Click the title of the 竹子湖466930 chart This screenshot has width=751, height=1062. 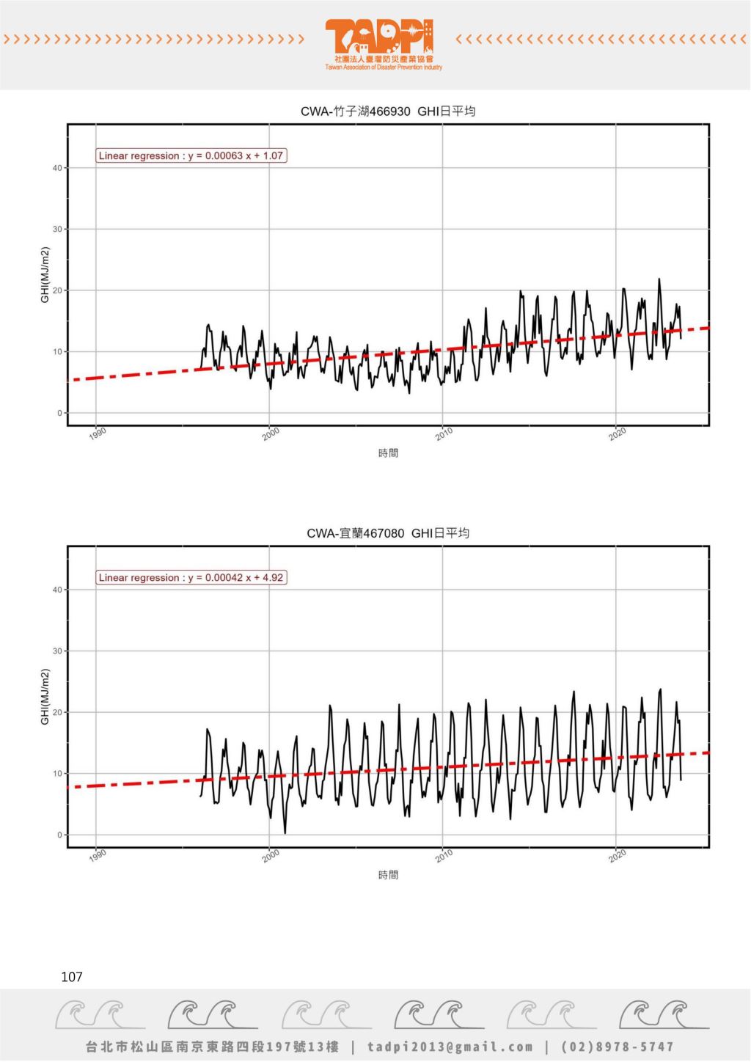click(x=388, y=111)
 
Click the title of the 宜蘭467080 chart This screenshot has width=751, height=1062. click(x=388, y=533)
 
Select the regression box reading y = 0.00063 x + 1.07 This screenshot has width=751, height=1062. click(x=191, y=155)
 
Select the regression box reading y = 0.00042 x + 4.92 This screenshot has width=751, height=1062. click(x=191, y=577)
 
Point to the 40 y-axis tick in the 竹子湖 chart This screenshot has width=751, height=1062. click(x=57, y=168)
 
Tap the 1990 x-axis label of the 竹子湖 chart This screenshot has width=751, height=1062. click(x=98, y=433)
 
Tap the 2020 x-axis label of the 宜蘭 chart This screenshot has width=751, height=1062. click(x=618, y=855)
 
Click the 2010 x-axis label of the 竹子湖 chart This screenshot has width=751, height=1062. click(x=444, y=433)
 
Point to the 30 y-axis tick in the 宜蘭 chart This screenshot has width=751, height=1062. click(x=57, y=651)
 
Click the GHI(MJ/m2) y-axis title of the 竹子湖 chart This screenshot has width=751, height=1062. click(x=45, y=275)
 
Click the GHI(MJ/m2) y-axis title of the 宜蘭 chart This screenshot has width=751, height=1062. click(x=45, y=697)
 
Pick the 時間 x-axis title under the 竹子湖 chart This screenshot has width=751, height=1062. click(x=388, y=453)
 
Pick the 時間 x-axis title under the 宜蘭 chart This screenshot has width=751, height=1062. click(x=388, y=875)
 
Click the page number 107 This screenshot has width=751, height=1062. click(x=72, y=977)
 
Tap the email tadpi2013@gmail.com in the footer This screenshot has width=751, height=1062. click(x=450, y=1047)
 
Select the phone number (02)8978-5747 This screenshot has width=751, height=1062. click(x=617, y=1047)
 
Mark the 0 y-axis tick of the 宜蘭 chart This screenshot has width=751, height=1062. click(x=59, y=835)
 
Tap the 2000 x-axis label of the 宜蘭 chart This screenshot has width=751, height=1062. click(x=271, y=855)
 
